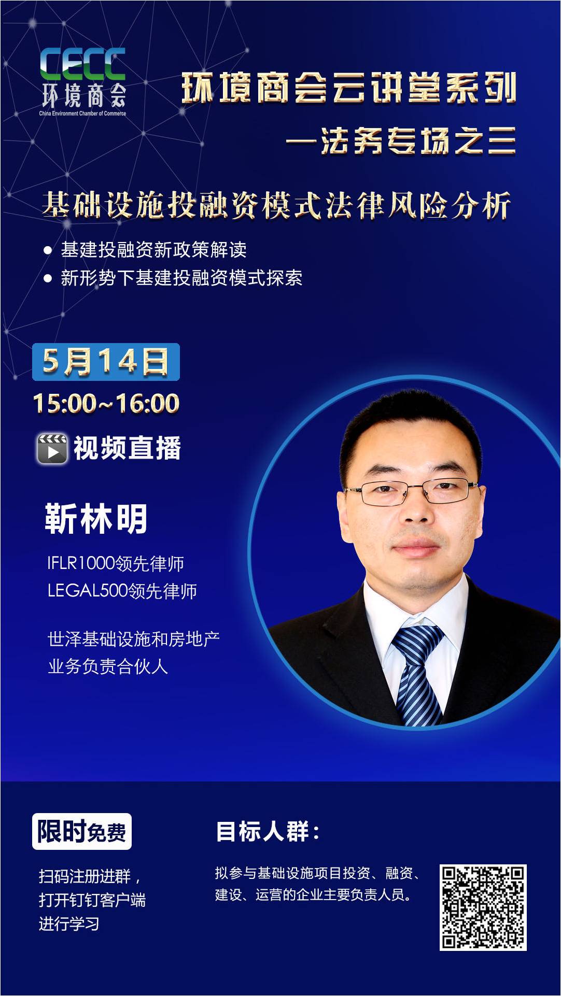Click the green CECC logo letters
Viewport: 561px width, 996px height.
tap(83, 64)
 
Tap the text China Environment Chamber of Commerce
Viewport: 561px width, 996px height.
tap(83, 113)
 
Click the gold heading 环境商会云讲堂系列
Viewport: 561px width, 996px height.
tap(348, 88)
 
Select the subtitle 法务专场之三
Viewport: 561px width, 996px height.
tap(418, 141)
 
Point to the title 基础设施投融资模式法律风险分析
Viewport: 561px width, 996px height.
tap(277, 205)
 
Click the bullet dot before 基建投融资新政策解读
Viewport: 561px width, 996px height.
tap(48, 251)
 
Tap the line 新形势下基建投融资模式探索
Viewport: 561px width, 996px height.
tap(181, 278)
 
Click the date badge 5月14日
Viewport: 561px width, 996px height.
tap(106, 362)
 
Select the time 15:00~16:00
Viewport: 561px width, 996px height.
tap(106, 403)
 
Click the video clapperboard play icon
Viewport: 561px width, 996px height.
tap(52, 448)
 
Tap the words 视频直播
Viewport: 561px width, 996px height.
tap(127, 448)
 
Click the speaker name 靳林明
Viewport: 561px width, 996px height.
tap(96, 518)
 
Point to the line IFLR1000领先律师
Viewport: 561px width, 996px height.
tap(116, 563)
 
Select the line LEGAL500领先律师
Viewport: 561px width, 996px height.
tap(122, 591)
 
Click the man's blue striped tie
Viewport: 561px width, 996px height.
tap(418, 674)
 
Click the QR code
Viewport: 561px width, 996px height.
tap(483, 907)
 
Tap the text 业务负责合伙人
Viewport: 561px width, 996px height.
tap(108, 666)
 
